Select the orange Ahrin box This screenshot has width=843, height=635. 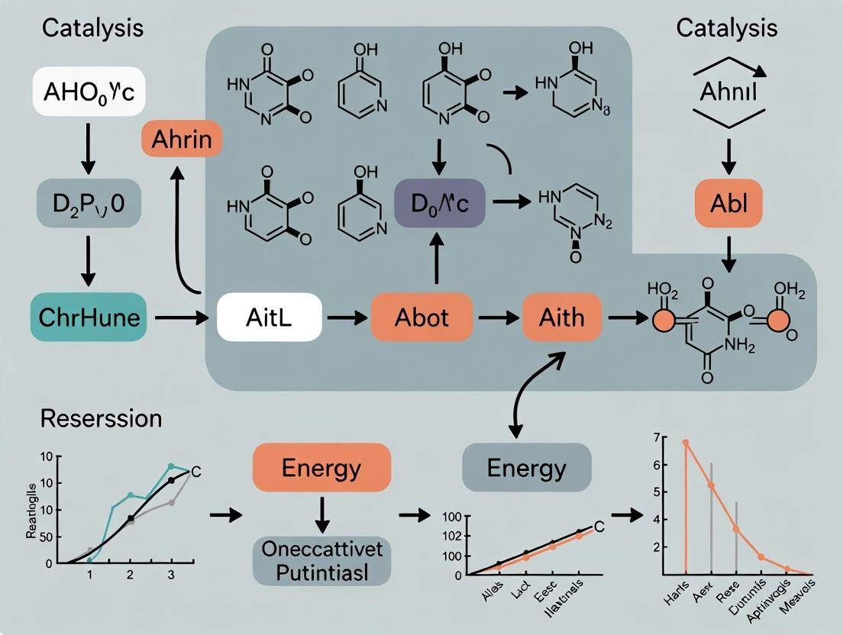(x=182, y=142)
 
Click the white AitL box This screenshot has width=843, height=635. (x=270, y=317)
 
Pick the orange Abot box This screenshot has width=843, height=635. (x=421, y=317)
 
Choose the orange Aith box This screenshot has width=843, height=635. (x=562, y=317)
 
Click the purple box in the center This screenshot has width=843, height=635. (x=440, y=203)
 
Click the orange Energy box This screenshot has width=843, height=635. (x=321, y=467)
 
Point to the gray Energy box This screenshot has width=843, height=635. (x=527, y=467)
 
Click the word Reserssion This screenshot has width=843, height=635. (x=101, y=419)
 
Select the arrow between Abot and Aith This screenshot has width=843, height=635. (x=498, y=317)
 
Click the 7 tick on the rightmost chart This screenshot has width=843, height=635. (x=655, y=437)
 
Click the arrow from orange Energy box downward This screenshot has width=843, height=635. (x=321, y=514)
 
